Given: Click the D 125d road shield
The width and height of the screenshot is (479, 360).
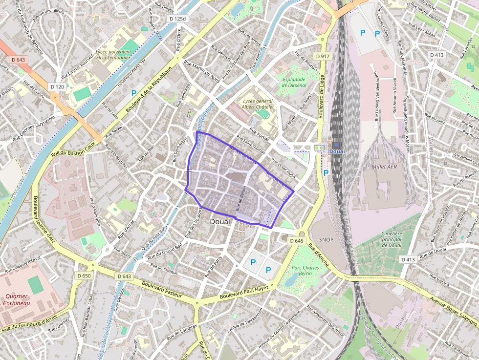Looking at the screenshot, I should coord(177,19).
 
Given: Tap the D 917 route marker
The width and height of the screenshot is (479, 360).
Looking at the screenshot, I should coord(323,56).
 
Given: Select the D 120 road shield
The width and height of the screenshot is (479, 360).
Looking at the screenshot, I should coord(57,86).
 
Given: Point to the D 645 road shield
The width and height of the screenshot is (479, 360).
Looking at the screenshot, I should coord(296,241).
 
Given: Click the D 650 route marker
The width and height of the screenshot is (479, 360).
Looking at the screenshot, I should coord(84,276).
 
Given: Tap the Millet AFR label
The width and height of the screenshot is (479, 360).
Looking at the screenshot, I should coord(385,167).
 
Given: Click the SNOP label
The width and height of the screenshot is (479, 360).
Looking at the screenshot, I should coord(326,239).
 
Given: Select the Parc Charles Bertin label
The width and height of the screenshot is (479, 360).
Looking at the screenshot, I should coord(305,271).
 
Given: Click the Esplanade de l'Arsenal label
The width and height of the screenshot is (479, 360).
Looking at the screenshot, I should coord(294,82).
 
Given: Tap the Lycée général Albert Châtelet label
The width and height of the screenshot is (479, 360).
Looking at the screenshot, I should coord(259,104).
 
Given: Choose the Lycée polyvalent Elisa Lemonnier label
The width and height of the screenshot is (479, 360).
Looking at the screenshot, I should coord(113,54).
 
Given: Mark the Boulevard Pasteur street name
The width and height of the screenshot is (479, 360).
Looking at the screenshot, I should coord(162,290).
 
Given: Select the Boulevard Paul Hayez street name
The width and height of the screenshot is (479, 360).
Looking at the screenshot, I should coord(244,293).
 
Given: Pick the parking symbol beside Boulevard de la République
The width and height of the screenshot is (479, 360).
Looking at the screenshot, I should coord(133,93).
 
